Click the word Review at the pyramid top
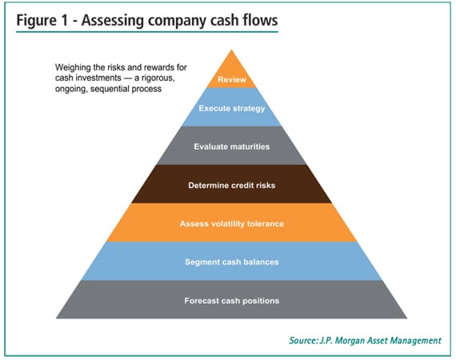[x=232, y=80]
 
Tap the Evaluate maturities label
[x=232, y=146]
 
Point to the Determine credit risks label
[x=232, y=185]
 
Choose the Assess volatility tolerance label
[x=232, y=223]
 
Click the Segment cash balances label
[x=232, y=262]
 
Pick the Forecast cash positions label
[x=232, y=301]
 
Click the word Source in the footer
[x=306, y=341]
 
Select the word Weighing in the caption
[x=73, y=67]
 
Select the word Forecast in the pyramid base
[x=202, y=301]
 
